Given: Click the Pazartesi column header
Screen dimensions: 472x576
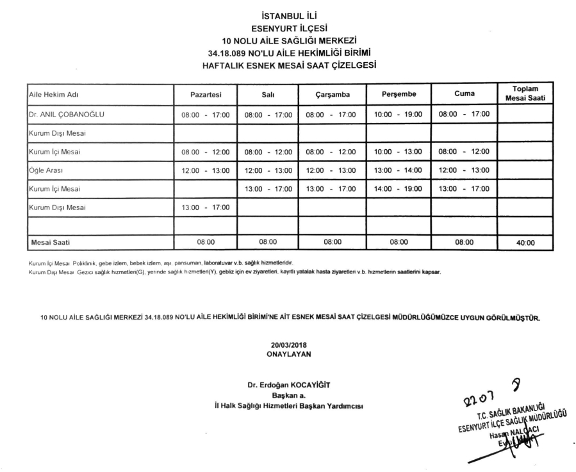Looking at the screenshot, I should point(206,94).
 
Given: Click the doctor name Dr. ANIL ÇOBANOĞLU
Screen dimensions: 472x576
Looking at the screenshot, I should point(67,114).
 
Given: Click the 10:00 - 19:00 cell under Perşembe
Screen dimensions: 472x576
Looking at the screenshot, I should point(398,114).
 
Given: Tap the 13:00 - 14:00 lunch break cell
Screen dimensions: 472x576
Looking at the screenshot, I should point(398,170).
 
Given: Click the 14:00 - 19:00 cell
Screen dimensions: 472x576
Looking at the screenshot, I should point(398,189).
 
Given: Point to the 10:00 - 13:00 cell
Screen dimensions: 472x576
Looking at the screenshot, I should point(398,152).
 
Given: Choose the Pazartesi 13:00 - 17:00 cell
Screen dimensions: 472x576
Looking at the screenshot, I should point(205,208).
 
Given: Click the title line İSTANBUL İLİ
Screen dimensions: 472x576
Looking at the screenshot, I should point(290,14).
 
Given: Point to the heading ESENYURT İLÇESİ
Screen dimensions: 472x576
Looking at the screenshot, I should point(290,27).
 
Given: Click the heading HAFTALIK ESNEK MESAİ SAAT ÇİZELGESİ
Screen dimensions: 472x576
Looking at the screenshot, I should point(290,65).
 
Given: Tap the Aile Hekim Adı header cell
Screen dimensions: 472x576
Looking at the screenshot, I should point(54,94).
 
